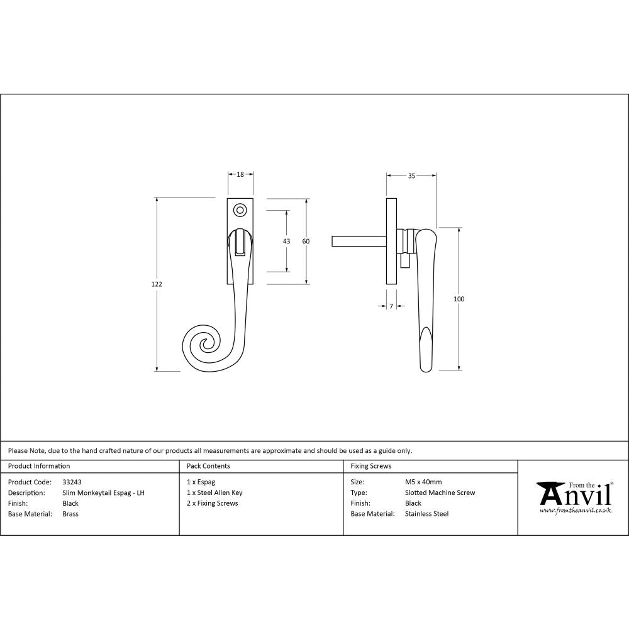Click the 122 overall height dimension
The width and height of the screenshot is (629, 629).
click(157, 284)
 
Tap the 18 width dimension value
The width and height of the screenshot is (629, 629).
click(240, 175)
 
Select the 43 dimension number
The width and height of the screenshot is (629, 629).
click(287, 242)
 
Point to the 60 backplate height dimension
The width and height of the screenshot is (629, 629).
click(306, 242)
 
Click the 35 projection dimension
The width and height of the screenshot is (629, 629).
click(411, 176)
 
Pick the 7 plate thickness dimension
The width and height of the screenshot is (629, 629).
click(391, 306)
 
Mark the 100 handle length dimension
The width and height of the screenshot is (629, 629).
click(459, 299)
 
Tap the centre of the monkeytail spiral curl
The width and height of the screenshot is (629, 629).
click(205, 344)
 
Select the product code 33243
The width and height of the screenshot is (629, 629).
click(72, 482)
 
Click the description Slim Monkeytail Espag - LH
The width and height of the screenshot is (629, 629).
click(103, 493)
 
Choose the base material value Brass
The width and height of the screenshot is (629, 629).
click(70, 514)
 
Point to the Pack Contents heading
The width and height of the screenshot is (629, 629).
click(208, 466)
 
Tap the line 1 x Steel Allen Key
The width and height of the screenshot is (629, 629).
click(214, 493)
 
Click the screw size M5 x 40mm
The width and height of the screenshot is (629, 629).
click(423, 482)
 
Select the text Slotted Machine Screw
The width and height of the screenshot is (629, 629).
click(440, 493)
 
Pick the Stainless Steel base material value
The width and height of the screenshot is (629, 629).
click(426, 514)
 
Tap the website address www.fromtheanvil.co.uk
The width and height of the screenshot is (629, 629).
click(576, 511)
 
